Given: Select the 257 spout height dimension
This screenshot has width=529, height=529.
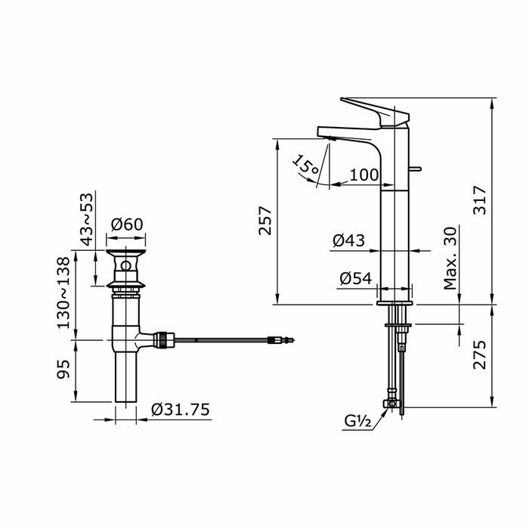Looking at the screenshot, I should [x=265, y=221].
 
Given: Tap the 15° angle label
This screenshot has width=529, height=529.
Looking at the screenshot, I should [x=306, y=166].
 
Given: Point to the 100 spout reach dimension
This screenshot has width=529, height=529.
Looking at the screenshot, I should [x=364, y=175].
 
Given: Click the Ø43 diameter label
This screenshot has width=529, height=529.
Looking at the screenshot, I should [x=348, y=240].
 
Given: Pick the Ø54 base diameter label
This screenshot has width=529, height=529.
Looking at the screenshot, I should [x=356, y=278].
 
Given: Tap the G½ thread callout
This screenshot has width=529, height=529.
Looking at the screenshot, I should [x=358, y=421].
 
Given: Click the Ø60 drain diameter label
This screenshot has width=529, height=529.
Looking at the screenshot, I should [x=127, y=224].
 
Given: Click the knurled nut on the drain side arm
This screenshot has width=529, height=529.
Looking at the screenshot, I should [x=163, y=339].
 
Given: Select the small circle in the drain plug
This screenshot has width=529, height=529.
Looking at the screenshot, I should [x=126, y=266].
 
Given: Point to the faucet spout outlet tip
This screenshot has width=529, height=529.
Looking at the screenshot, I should [x=329, y=138].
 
